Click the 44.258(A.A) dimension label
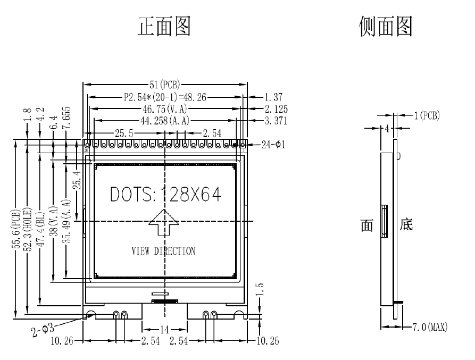point(164,121)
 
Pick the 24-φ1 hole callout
point(273,144)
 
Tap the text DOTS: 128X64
point(165,195)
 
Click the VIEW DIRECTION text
point(163,251)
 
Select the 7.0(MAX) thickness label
point(429,326)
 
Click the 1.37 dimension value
point(276,97)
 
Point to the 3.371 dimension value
point(276,121)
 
